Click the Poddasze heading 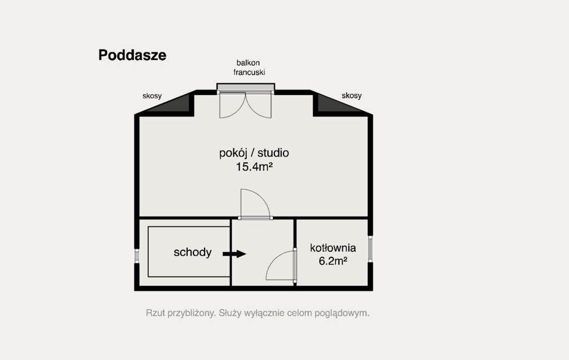coord(132,56)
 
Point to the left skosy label coord(152,96)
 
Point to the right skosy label coord(352,96)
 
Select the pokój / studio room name coord(254,153)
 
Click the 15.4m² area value coord(254,167)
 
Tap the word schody coord(192,252)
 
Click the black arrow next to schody coord(234,254)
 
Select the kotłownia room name coord(333,248)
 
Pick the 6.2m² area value coord(333,261)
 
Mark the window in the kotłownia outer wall coord(370,248)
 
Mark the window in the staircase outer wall coord(137,256)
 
